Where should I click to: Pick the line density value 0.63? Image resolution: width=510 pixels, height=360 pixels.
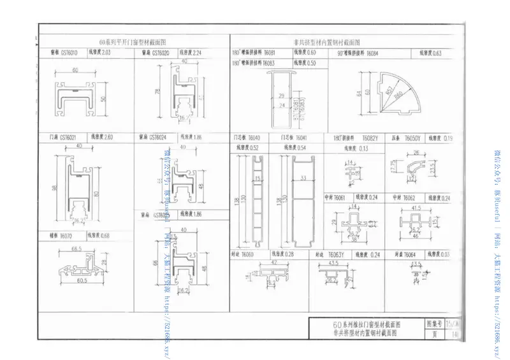(437, 54)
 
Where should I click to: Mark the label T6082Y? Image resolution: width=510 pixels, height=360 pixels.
(370, 138)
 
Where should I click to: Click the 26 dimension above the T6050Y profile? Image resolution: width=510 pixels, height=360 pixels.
(416, 153)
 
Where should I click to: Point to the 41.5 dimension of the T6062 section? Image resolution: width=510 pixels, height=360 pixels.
(416, 208)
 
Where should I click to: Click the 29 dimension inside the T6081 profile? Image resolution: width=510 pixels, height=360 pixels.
(281, 95)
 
